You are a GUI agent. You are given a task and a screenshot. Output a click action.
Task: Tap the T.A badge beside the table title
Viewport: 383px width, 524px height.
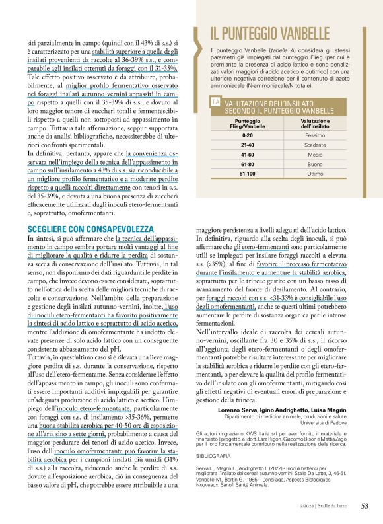(x=215, y=102)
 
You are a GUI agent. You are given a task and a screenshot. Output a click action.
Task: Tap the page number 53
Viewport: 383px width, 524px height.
(x=365, y=507)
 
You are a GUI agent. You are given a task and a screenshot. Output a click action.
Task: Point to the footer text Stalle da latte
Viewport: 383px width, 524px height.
(x=337, y=507)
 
